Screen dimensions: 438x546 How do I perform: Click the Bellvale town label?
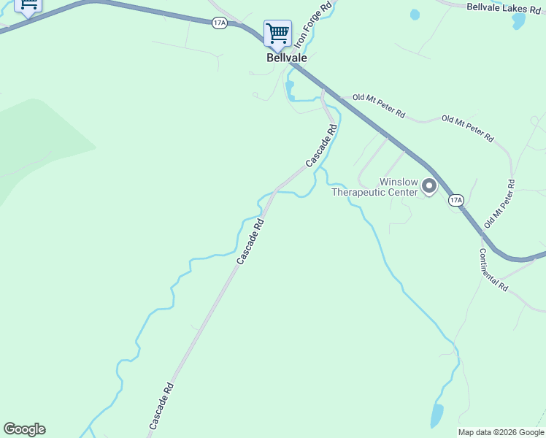pyautogui.click(x=286, y=57)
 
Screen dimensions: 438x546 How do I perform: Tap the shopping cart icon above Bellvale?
pyautogui.click(x=277, y=34)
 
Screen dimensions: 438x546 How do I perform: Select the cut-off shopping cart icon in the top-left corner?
pyautogui.click(x=28, y=6)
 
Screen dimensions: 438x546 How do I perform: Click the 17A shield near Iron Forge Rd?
pyautogui.click(x=219, y=23)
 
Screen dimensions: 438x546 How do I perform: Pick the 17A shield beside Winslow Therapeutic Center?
pyautogui.click(x=456, y=199)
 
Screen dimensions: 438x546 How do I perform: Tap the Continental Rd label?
pyautogui.click(x=493, y=270)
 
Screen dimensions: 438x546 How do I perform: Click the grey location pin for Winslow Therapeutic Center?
pyautogui.click(x=429, y=187)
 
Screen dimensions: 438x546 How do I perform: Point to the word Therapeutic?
pyautogui.click(x=374, y=193)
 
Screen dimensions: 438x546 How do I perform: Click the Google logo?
pyautogui.click(x=24, y=429)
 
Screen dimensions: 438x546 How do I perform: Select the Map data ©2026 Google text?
pyautogui.click(x=501, y=432)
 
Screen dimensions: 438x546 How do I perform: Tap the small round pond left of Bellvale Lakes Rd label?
pyautogui.click(x=415, y=14)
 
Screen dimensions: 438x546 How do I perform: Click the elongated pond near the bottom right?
pyautogui.click(x=437, y=415)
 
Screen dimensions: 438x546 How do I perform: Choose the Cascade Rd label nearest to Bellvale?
pyautogui.click(x=322, y=146)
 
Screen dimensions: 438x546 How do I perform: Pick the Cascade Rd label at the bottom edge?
pyautogui.click(x=161, y=406)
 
